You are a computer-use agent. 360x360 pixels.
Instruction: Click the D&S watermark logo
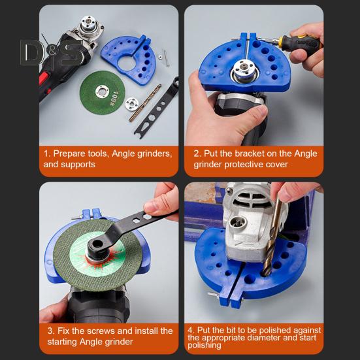(52, 53)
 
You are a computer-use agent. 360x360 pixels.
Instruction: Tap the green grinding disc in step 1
(103, 93)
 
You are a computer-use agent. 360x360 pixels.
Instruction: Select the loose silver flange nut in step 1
(132, 104)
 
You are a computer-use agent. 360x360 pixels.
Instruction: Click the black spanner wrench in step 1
(156, 108)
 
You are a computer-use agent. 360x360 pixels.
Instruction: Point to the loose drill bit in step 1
(145, 103)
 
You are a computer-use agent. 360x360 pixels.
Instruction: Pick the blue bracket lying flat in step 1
(130, 59)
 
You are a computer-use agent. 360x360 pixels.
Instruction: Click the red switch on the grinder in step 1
(44, 78)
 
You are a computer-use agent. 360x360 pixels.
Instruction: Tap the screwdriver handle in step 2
(301, 44)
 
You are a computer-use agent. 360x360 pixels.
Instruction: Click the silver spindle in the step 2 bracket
(244, 70)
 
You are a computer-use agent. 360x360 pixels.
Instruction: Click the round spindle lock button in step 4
(238, 223)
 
